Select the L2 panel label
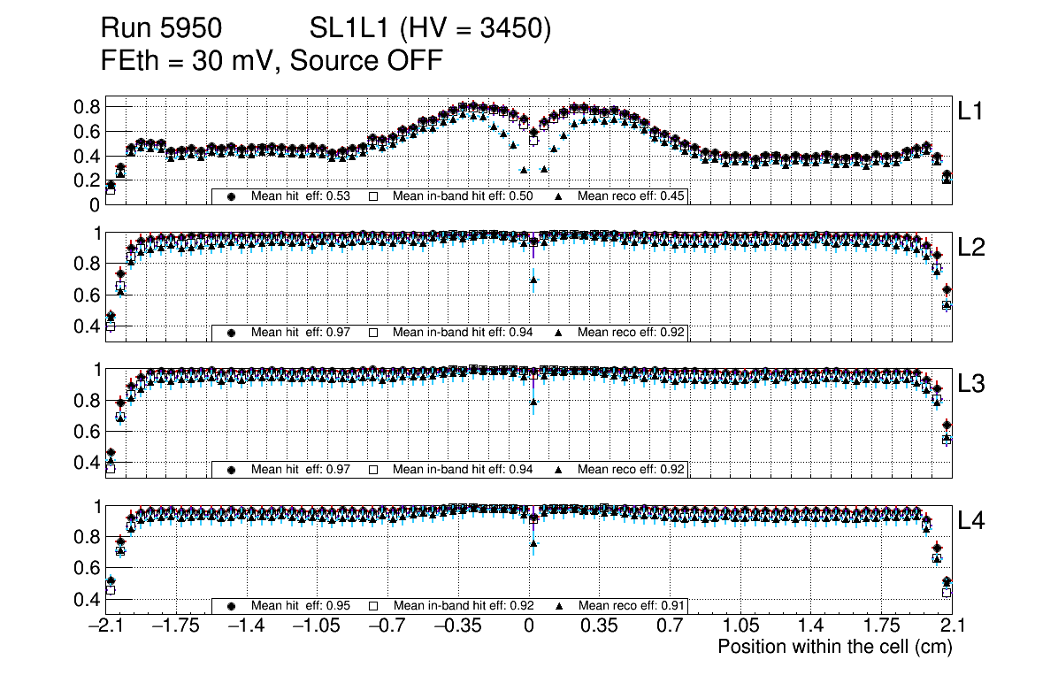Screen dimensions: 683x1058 point(972,248)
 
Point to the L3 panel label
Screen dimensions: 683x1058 point(972,384)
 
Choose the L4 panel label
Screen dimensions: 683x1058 point(972,521)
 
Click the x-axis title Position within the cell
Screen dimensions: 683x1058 point(834,647)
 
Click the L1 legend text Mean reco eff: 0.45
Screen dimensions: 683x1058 point(631,196)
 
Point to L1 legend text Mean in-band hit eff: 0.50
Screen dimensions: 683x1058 point(462,196)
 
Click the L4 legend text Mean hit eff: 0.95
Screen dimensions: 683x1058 point(301,606)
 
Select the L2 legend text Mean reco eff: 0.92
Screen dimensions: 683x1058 point(631,333)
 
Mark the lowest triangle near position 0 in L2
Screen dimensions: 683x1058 point(533,280)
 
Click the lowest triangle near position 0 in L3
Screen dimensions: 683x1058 point(533,403)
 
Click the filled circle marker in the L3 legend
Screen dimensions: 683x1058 point(232,470)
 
